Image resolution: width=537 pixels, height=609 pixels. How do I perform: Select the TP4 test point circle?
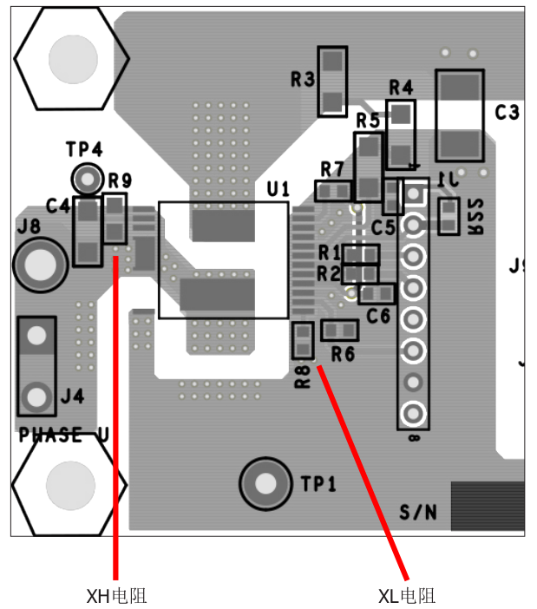pyautogui.click(x=86, y=179)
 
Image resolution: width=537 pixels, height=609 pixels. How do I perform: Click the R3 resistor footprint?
pyautogui.click(x=332, y=82)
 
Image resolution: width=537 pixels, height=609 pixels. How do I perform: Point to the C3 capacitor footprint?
pyautogui.click(x=460, y=116)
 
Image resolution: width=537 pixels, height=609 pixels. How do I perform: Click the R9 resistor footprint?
pyautogui.click(x=115, y=219)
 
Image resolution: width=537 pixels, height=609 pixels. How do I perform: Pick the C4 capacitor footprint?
pyautogui.click(x=88, y=231)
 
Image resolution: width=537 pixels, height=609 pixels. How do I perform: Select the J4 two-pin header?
pyautogui.click(x=36, y=365)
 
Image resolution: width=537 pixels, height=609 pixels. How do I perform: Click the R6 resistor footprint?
pyautogui.click(x=339, y=330)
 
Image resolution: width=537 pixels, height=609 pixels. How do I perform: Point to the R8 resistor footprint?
pyautogui.click(x=302, y=340)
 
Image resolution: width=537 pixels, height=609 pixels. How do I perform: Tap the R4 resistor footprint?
pyautogui.click(x=400, y=134)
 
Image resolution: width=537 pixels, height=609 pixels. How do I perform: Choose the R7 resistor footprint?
pyautogui.click(x=333, y=190)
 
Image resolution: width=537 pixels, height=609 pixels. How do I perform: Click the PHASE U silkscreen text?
pyautogui.click(x=63, y=435)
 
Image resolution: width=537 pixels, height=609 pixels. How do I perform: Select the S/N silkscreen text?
pyautogui.click(x=418, y=512)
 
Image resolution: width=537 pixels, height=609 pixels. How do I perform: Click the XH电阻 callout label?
pyautogui.click(x=115, y=596)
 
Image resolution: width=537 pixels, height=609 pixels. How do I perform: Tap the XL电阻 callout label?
pyautogui.click(x=406, y=596)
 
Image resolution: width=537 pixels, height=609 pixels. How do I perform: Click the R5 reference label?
pyautogui.click(x=368, y=120)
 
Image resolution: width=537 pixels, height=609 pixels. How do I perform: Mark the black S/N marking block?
pyautogui.click(x=488, y=506)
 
